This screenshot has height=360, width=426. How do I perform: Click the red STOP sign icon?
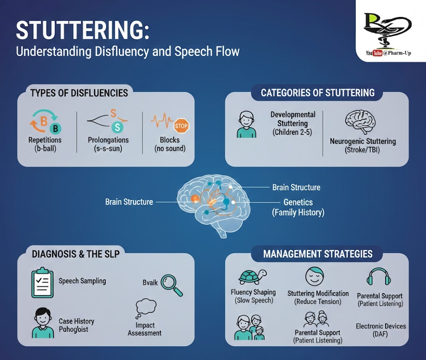click(181, 125)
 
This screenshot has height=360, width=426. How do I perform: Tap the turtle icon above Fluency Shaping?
click(252, 276)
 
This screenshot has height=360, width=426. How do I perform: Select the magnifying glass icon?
click(172, 284)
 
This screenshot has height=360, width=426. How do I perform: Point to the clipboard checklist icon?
click(42, 283)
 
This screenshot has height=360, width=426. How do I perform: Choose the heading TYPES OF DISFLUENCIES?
click(79, 93)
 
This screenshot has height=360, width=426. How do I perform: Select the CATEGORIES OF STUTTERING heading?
click(318, 93)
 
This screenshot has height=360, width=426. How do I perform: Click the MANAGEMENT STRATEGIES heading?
click(318, 254)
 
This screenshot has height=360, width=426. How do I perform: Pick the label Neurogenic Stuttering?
click(363, 141)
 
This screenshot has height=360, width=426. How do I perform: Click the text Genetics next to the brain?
click(298, 202)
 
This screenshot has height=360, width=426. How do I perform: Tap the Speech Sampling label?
click(82, 281)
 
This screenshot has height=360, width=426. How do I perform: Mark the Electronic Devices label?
click(381, 326)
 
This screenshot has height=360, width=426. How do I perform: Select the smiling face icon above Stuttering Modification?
click(314, 276)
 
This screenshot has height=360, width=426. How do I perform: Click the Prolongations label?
click(108, 140)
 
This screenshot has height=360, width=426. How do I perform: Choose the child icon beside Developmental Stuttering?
click(246, 124)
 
